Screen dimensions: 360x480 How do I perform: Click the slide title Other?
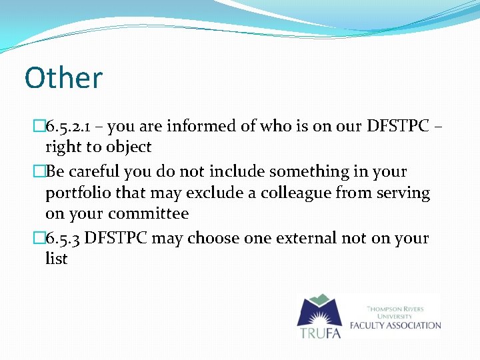pos(63,77)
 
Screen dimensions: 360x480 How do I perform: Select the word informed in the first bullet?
pos(207,126)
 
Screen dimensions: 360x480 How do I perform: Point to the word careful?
pos(93,171)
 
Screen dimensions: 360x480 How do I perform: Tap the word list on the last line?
pos(56,259)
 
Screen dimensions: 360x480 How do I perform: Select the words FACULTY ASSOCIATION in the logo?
pos(404,325)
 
